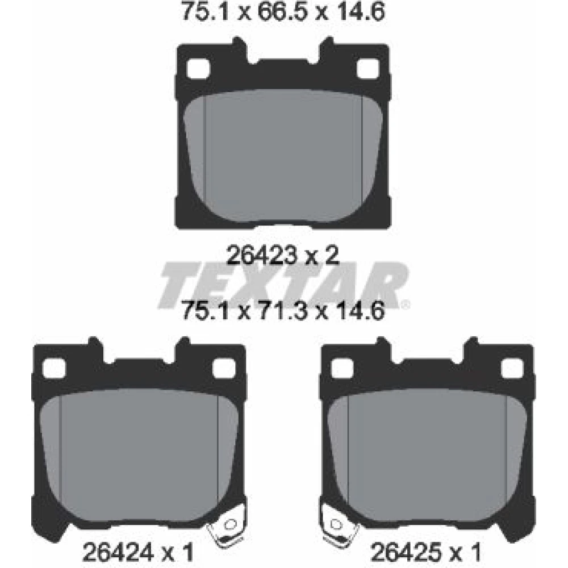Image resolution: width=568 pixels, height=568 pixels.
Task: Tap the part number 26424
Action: point(119,552)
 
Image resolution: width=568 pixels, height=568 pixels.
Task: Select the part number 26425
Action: point(407,552)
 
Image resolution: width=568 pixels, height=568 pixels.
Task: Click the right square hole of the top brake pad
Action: point(368,69)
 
